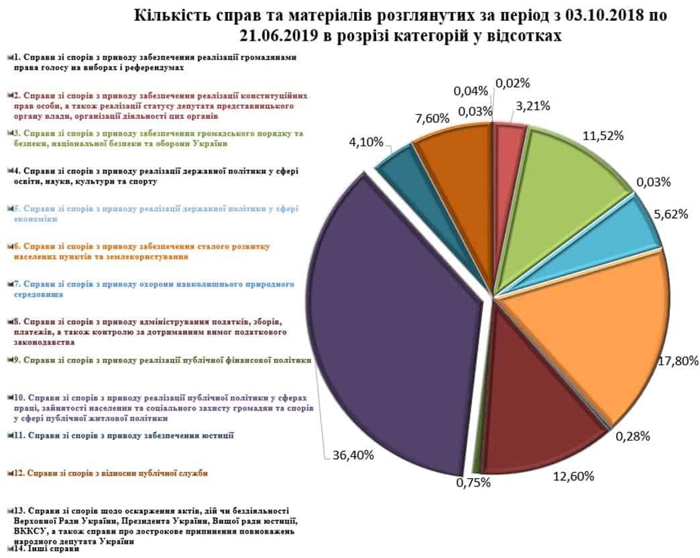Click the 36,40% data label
point(353,455)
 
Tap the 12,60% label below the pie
point(573,477)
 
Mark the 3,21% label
point(533,105)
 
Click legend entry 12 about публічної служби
point(110,473)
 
